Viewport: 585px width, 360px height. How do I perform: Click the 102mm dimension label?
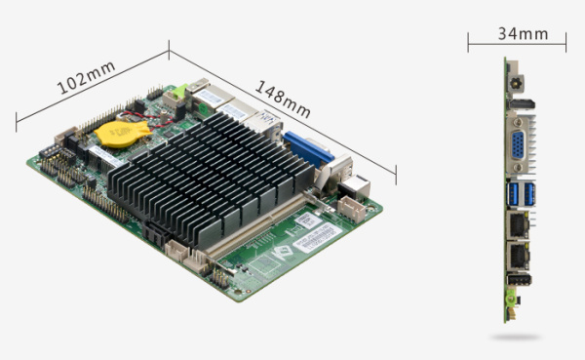[86, 77]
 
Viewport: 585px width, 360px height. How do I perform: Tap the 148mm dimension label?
[283, 100]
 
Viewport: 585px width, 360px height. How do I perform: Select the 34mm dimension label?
[523, 33]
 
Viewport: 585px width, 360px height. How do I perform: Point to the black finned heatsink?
[211, 179]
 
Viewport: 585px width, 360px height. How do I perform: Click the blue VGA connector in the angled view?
[307, 149]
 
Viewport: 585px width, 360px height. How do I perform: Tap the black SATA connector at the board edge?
[156, 234]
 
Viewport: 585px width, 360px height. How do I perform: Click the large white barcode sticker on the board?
[318, 237]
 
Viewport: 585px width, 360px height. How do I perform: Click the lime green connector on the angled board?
[180, 91]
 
